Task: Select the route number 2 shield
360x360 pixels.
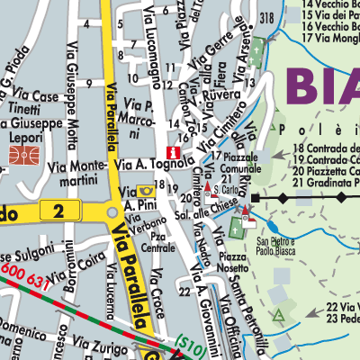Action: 58,211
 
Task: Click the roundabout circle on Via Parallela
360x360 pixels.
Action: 112,211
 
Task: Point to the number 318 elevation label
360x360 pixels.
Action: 265,19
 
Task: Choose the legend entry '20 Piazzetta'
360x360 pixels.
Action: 320,170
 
